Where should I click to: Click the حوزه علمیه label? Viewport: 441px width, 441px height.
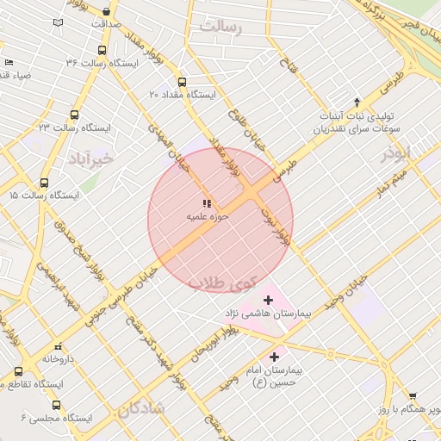pyautogui.click(x=207, y=218)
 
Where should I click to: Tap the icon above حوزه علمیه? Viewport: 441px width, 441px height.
pyautogui.click(x=207, y=203)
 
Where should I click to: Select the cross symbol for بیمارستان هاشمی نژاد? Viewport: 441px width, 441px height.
pyautogui.click(x=268, y=300)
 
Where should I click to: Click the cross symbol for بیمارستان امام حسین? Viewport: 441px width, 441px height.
pyautogui.click(x=275, y=357)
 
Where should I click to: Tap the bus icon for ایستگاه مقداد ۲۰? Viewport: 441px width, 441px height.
pyautogui.click(x=181, y=83)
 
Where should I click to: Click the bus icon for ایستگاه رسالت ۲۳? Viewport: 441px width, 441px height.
pyautogui.click(x=76, y=115)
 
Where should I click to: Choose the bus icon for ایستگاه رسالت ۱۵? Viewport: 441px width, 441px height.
pyautogui.click(x=44, y=183)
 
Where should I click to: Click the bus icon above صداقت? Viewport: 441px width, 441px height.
pyautogui.click(x=106, y=12)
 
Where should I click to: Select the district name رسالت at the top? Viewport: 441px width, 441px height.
pyautogui.click(x=220, y=27)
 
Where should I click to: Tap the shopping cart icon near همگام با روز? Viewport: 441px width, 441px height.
pyautogui.click(x=412, y=395)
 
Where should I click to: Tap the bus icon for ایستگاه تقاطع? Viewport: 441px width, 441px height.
pyautogui.click(x=18, y=371)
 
